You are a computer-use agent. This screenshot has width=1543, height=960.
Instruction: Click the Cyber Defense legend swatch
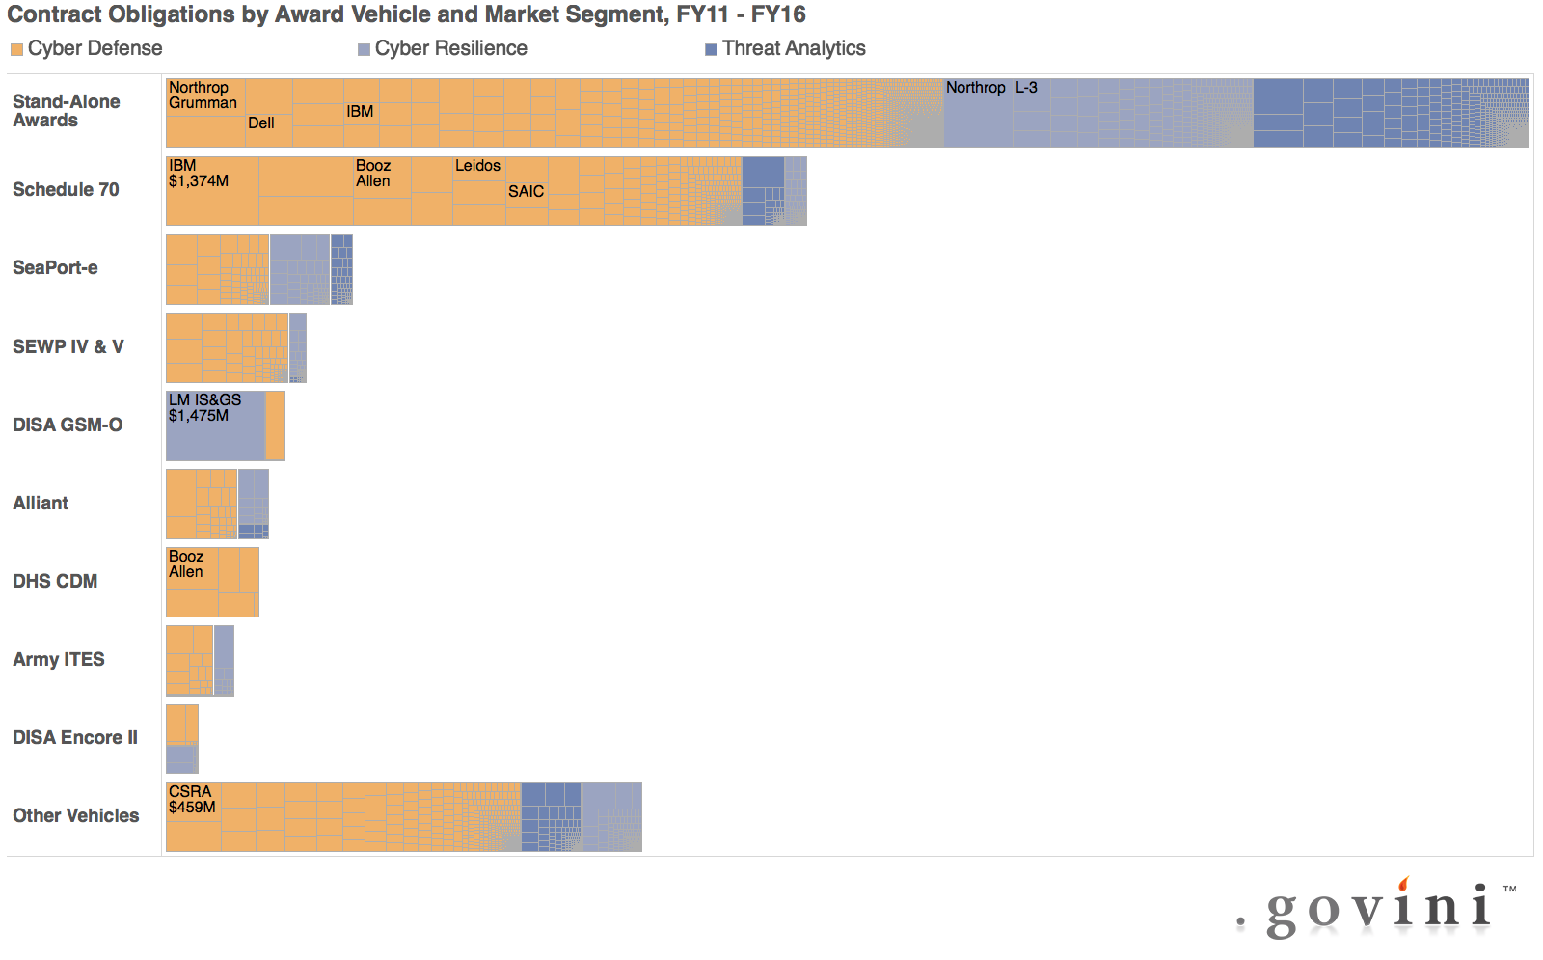[16, 49]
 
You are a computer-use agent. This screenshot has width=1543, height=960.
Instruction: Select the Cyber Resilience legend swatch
[364, 49]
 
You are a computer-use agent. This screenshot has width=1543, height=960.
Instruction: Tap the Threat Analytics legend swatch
[711, 49]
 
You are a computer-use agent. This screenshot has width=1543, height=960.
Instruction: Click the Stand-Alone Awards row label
[66, 111]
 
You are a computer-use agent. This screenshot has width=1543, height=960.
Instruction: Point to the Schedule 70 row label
[66, 190]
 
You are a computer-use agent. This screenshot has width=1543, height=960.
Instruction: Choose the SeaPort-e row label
[55, 268]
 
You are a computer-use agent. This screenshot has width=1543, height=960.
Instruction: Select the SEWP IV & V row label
[68, 346]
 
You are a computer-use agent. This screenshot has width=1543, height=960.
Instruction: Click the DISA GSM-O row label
[68, 425]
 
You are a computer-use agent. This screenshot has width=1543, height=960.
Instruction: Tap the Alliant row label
[41, 503]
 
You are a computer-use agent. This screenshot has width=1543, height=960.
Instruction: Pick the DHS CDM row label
[55, 581]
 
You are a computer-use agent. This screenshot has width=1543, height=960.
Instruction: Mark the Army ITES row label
[59, 659]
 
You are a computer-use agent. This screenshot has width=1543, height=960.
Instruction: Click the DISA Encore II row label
[75, 737]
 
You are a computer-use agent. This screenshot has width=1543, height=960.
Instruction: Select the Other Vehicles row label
[75, 815]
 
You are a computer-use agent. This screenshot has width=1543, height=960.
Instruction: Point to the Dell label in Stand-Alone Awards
[261, 123]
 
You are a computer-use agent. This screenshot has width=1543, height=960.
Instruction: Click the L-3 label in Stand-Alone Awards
[1026, 88]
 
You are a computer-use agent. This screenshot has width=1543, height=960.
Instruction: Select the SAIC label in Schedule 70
[526, 192]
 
